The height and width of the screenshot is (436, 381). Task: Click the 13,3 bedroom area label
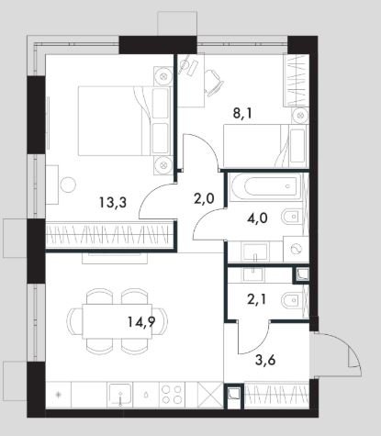[113, 202]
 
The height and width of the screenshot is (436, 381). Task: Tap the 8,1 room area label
[244, 114]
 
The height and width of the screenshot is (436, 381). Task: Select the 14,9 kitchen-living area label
[141, 321]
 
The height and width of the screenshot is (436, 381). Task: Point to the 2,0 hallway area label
[204, 199]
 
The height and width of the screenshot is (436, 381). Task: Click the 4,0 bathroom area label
[257, 218]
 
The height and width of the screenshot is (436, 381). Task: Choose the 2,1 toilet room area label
[256, 300]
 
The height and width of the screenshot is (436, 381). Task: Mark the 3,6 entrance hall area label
[265, 360]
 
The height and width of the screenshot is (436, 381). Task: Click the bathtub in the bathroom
[265, 186]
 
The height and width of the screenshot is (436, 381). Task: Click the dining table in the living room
[118, 321]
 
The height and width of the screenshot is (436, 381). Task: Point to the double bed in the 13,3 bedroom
[124, 120]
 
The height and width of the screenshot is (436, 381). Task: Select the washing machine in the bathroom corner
[296, 249]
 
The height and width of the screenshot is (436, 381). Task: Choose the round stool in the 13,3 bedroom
[68, 184]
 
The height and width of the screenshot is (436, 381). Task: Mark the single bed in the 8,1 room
[265, 146]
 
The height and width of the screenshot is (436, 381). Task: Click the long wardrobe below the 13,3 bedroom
[109, 234]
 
